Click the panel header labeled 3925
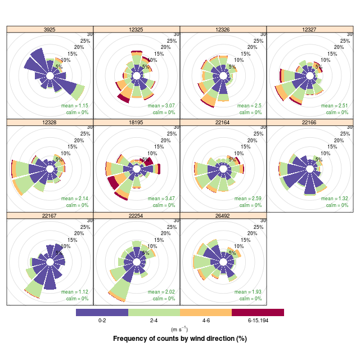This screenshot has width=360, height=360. (x=50, y=29)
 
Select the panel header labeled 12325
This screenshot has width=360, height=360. (x=137, y=29)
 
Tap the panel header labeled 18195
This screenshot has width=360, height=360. (x=137, y=122)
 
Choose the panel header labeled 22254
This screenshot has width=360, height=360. (x=137, y=215)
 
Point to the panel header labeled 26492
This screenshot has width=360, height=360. (x=223, y=215)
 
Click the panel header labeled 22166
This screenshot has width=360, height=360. (x=309, y=122)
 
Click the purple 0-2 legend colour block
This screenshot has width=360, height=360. (x=102, y=312)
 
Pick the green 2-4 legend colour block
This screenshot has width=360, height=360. (x=154, y=312)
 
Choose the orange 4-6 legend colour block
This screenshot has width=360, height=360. (x=206, y=312)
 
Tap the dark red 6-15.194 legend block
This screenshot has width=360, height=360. (x=258, y=312)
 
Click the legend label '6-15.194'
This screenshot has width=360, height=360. (x=258, y=321)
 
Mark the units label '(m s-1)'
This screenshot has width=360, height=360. (x=180, y=329)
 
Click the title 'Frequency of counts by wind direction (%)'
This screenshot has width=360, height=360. (x=180, y=339)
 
